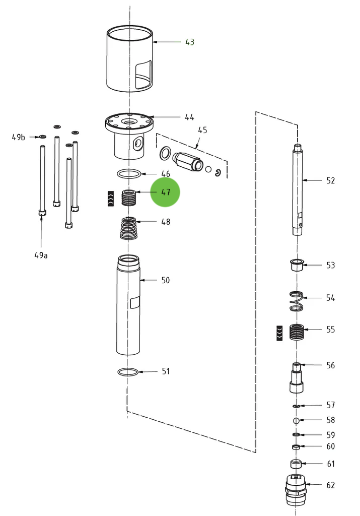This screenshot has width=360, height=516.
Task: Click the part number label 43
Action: pos(189,42)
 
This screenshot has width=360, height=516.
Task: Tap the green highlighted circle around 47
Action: pos(165,192)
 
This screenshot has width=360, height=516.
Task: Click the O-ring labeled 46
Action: pos(129,174)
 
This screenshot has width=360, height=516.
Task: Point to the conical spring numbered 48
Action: pos(130,228)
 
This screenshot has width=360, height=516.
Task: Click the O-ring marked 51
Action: pos(128,372)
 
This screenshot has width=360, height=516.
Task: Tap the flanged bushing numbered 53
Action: pos(297,265)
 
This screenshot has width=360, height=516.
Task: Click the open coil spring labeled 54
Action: pos(298,301)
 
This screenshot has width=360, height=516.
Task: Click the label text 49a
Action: pos(41,255)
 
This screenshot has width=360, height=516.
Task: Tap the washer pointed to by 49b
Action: pos(42,137)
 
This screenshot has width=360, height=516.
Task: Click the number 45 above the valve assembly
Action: pos(202,130)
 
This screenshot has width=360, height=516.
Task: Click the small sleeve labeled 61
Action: pos(296,464)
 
